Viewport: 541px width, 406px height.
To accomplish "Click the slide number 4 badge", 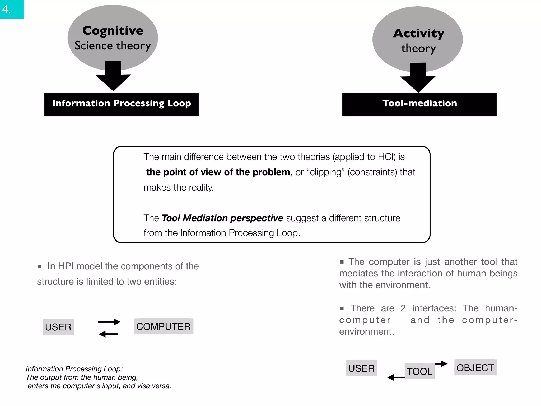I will click(x=12, y=9).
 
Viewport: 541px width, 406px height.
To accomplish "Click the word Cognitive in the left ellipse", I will click(x=113, y=31).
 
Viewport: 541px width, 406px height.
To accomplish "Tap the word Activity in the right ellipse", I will click(x=419, y=33).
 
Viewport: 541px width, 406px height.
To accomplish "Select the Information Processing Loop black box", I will click(x=122, y=104).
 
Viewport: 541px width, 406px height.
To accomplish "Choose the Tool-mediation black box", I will click(x=419, y=104).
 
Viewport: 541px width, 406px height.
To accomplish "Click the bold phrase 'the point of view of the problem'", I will click(x=218, y=172).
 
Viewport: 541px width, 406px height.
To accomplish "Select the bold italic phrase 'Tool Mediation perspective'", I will click(x=222, y=218).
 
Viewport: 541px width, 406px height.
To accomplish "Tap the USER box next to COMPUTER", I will click(x=58, y=327).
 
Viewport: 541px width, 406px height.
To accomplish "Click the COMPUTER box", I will click(x=164, y=326).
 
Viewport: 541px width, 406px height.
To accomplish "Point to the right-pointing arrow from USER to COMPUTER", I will click(x=109, y=322).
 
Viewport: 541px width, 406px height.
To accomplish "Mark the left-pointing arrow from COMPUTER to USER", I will click(x=108, y=334).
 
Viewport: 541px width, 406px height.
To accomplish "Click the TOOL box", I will click(x=420, y=371).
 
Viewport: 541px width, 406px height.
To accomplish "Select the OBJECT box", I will click(x=475, y=367).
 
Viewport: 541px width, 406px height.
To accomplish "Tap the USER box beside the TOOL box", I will click(x=361, y=368).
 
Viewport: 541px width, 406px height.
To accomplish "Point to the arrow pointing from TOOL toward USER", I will click(x=396, y=377).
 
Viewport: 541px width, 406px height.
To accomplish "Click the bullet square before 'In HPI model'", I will click(x=40, y=266).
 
